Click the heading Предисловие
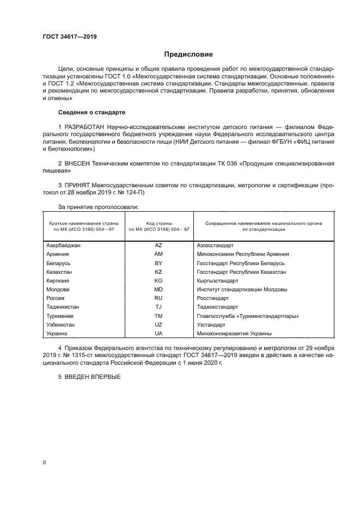point(189,54)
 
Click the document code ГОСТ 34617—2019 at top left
point(70,37)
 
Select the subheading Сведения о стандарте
point(91,112)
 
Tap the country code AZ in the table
point(158,245)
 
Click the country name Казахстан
point(59,272)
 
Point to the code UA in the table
point(158,334)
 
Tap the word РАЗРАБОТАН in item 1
point(86,127)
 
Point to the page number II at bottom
point(44,462)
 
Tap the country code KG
point(158,281)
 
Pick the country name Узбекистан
point(60,325)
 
